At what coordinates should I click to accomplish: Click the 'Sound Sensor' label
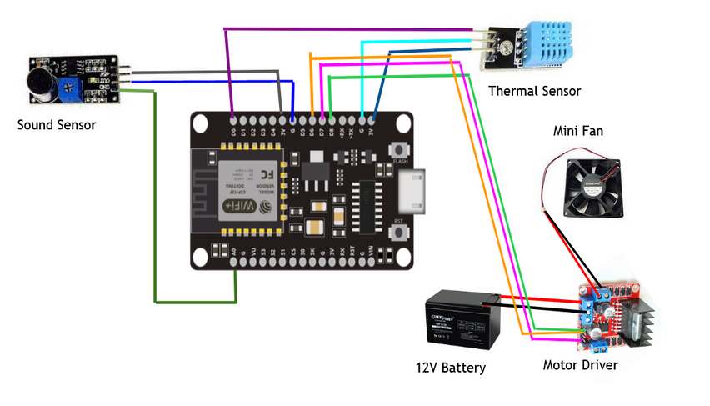pos(57,125)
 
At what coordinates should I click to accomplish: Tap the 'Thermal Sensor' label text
pos(534,91)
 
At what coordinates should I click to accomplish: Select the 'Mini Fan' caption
pos(578,131)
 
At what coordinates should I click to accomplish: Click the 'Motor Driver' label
pos(581,364)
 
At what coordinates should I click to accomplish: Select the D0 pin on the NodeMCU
pos(232,118)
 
